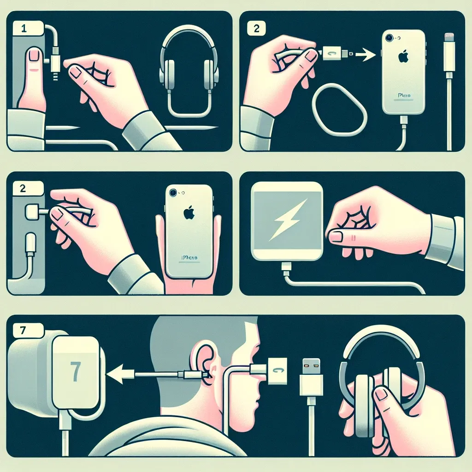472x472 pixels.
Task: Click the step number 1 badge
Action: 23,28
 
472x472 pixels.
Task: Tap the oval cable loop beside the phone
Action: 339,109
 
